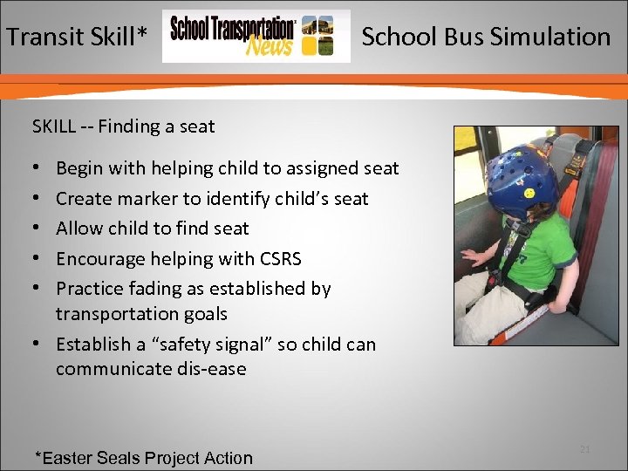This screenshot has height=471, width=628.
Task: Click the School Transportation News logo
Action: (256, 37)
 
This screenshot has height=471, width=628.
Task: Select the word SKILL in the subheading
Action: (54, 126)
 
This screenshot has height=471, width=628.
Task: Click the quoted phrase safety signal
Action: (229, 345)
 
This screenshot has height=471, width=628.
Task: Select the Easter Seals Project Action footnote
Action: (143, 458)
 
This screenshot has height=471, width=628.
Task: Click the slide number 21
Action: (584, 448)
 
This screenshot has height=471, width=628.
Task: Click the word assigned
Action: (297, 169)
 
